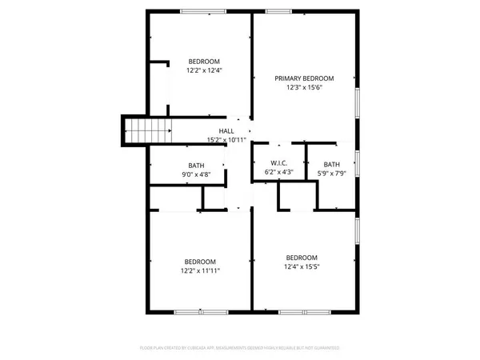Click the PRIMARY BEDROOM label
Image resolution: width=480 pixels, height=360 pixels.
[304, 78]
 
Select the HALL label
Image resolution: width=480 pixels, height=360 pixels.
[226, 131]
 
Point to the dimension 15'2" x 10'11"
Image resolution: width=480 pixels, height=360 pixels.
[226, 140]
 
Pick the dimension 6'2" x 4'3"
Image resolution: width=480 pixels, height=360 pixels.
[278, 172]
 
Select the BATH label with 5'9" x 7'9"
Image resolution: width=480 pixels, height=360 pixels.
[330, 163]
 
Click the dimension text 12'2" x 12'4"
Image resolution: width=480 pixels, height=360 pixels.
[204, 70]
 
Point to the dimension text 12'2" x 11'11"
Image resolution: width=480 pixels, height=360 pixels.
[200, 270]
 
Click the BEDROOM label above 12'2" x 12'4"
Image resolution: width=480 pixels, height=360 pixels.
[204, 62]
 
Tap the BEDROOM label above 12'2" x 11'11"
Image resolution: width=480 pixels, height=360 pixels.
[200, 262]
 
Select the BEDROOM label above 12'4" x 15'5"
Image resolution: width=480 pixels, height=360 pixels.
[302, 257]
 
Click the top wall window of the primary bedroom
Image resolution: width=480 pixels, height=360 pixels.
[277, 11]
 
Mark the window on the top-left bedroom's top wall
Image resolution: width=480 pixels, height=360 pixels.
[198, 11]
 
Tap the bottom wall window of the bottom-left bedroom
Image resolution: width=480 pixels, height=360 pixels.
[193, 310]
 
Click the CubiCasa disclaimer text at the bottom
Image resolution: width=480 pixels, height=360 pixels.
[240, 348]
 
